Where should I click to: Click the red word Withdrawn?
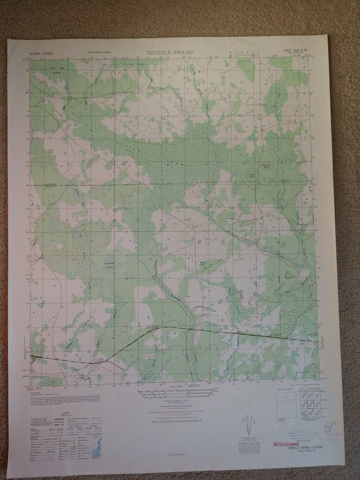(286, 444)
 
